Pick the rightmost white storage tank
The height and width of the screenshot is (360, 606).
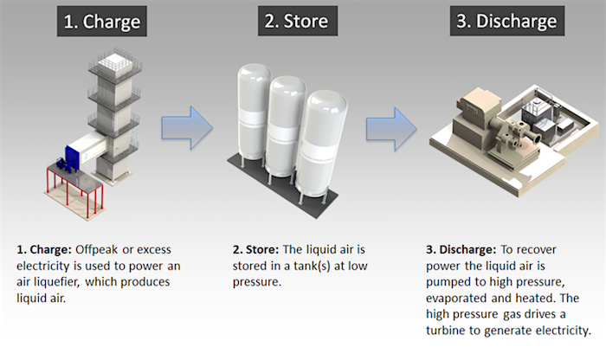(322, 143)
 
